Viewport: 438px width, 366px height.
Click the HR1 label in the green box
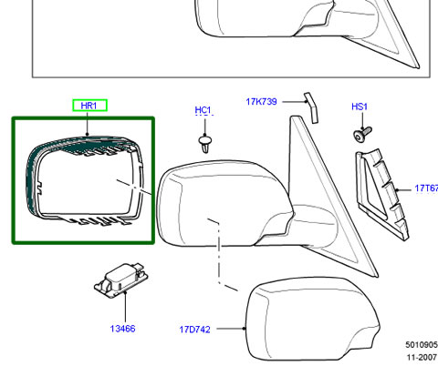pos(89,106)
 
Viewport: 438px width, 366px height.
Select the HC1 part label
pos(203,110)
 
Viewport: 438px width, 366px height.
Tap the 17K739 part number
pos(261,101)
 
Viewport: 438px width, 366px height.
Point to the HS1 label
pos(360,107)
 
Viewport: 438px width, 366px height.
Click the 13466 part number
pos(122,329)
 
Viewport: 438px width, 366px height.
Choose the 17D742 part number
pos(194,330)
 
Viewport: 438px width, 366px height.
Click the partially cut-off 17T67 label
pos(426,188)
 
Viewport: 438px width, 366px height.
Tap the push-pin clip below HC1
pos(205,144)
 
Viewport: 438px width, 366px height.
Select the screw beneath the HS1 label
pos(362,134)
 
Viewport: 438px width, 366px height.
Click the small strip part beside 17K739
pos(311,108)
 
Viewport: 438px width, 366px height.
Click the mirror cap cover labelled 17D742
pos(312,319)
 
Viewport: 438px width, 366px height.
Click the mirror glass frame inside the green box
pos(134,182)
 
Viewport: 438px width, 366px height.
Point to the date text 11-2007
pos(422,357)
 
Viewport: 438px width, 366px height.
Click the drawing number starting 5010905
pos(422,345)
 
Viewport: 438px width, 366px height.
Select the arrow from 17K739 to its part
pos(295,101)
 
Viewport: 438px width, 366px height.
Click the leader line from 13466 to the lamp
pos(125,307)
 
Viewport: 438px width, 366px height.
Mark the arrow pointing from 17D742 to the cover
pos(231,329)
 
